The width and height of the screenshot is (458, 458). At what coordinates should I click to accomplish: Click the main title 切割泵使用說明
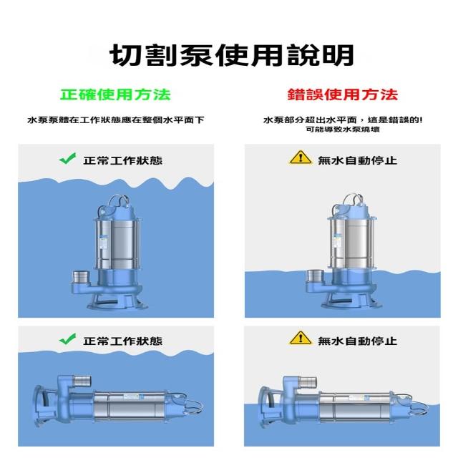pos(232,56)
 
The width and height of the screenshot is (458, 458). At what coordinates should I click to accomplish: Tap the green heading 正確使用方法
pos(115,94)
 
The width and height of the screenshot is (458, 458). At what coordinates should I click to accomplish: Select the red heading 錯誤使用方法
pos(342,94)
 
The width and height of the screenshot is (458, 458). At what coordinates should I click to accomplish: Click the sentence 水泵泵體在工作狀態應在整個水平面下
pos(116,120)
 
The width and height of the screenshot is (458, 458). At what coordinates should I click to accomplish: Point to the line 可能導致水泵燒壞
pos(343,129)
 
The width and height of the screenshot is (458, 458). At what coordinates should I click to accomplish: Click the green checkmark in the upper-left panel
pos(67,159)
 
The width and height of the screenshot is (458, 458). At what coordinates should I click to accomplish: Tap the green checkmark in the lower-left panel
pos(67,339)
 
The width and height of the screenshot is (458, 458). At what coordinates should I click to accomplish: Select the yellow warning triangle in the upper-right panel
pos(301,157)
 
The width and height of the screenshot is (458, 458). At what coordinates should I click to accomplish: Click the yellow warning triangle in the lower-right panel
pos(301,338)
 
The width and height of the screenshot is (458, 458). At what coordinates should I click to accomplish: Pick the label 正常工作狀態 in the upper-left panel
pos(122,160)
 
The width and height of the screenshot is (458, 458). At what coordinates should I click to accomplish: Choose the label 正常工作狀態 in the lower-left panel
pos(122,341)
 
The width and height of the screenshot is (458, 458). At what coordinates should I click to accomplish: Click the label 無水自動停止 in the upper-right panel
pos(358,160)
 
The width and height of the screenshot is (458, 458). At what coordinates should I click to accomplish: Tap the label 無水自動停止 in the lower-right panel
pos(358,341)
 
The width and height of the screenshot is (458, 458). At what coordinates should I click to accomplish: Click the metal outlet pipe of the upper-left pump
pos(81,277)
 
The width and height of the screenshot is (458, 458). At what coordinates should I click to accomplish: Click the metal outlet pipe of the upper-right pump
pos(316,276)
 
